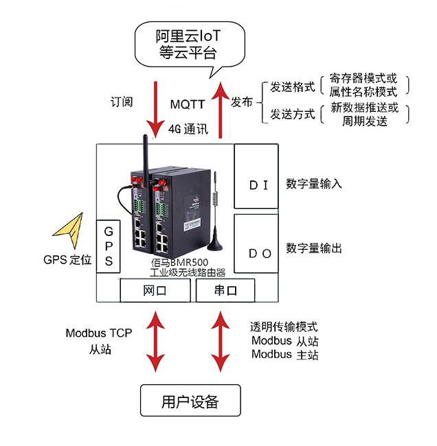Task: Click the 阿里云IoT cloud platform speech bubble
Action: click(x=190, y=43)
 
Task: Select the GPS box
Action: click(x=109, y=246)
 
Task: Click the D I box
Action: click(x=256, y=176)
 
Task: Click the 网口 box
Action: click(x=155, y=291)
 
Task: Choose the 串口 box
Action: click(x=226, y=291)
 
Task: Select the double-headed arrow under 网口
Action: click(x=155, y=342)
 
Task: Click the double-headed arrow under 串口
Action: click(x=220, y=342)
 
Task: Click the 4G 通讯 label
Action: click(x=188, y=128)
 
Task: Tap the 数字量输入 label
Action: click(x=314, y=184)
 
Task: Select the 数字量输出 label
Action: click(x=314, y=248)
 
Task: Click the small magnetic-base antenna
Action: click(x=217, y=220)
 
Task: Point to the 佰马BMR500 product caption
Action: click(x=177, y=263)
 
